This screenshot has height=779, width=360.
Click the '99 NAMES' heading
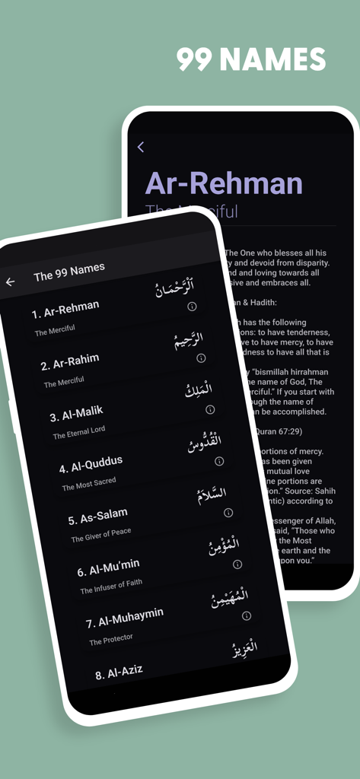tap(251, 59)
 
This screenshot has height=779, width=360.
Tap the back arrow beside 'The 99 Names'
tap(10, 281)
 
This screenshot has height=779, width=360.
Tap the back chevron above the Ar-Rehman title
tap(140, 148)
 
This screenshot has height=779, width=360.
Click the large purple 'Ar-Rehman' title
tap(224, 183)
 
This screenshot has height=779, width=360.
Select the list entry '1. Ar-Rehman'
tap(65, 310)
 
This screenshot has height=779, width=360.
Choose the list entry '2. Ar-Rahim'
tap(70, 361)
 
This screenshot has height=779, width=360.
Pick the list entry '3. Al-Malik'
tap(76, 414)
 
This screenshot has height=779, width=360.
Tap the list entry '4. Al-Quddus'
tap(91, 464)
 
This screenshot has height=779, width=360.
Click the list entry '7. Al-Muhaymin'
tap(124, 617)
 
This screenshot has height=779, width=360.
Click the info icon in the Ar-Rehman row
tap(192, 307)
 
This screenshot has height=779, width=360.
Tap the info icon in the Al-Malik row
tap(210, 409)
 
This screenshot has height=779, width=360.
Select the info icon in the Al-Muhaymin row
tap(246, 615)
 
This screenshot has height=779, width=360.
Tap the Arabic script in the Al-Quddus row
tap(205, 442)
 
